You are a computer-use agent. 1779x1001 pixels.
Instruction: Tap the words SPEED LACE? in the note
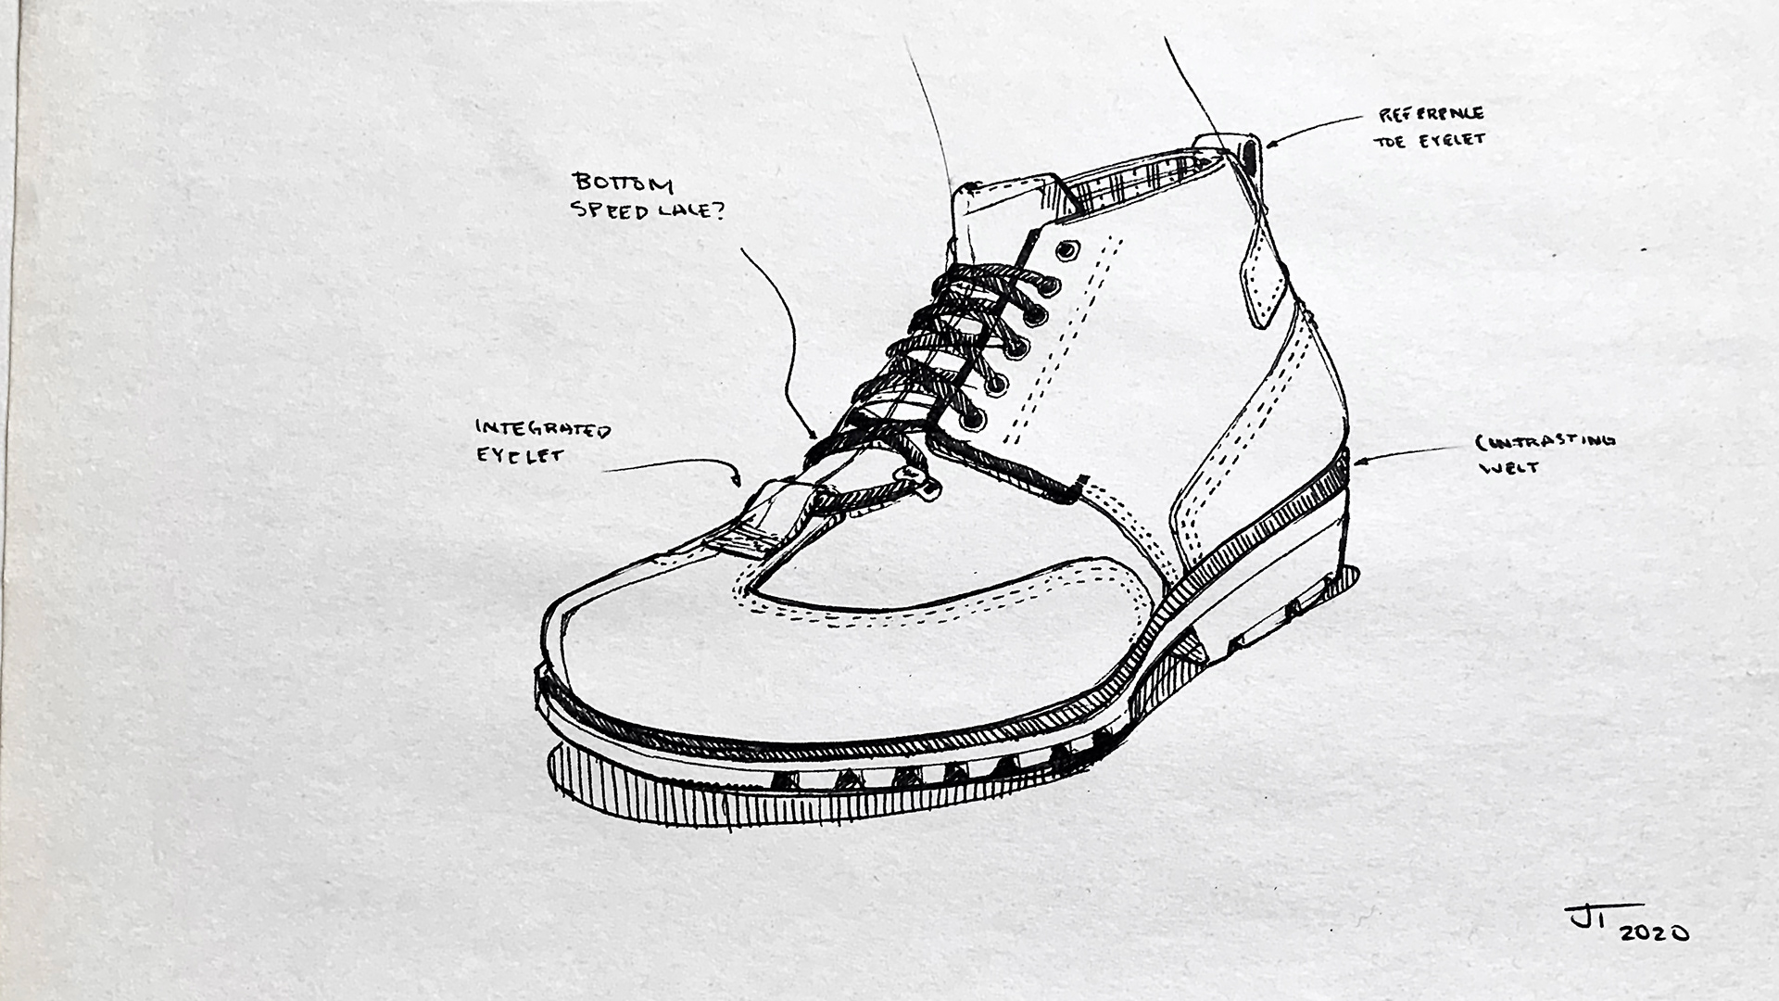(649, 210)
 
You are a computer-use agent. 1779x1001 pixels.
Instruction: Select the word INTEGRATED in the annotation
(543, 429)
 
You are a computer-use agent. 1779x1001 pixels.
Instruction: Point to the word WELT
(1509, 467)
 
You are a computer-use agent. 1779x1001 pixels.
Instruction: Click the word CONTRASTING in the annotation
(1545, 441)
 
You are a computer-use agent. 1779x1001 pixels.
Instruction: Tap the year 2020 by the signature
(1653, 933)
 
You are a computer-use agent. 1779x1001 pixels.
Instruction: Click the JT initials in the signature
(1589, 919)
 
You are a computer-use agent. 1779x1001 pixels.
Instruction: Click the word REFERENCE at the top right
(1432, 115)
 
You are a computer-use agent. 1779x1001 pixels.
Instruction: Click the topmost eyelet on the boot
(1066, 249)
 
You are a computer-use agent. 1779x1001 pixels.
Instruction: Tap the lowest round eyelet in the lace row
(971, 420)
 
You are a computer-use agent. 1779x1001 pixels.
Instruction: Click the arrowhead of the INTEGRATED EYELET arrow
(737, 481)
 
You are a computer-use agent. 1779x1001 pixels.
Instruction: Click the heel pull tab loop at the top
(1249, 152)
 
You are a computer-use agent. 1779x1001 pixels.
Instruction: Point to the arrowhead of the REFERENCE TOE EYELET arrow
(1270, 144)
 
